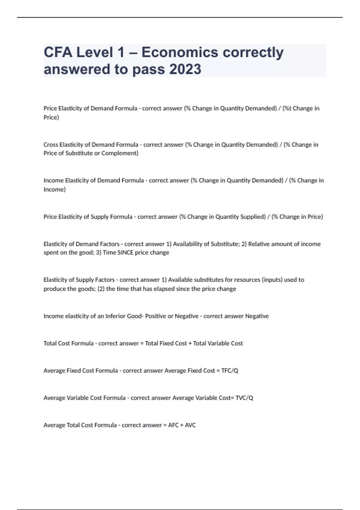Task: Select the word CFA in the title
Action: pyautogui.click(x=58, y=52)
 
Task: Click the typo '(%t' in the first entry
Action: pyautogui.click(x=287, y=108)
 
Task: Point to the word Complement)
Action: pyautogui.click(x=120, y=153)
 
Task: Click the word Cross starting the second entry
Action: pyautogui.click(x=51, y=145)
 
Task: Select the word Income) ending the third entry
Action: pyautogui.click(x=54, y=190)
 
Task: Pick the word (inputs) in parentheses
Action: pyautogui.click(x=272, y=280)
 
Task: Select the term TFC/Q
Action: pyautogui.click(x=229, y=371)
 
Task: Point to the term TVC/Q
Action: pyautogui.click(x=244, y=398)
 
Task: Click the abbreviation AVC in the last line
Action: pyautogui.click(x=190, y=425)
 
